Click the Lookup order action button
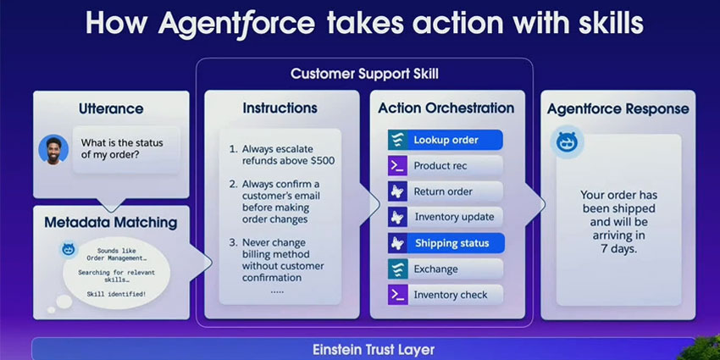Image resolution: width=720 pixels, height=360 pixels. (445, 140)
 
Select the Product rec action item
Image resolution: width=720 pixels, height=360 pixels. (445, 166)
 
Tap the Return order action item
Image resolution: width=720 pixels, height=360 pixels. (445, 191)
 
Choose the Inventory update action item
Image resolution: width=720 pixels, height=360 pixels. (445, 217)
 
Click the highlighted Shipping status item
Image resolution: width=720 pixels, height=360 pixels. (445, 243)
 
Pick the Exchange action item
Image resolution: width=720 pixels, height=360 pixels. (445, 269)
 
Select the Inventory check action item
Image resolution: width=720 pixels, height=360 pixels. (445, 295)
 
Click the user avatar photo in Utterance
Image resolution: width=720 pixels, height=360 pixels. (53, 150)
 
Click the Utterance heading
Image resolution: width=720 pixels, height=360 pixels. (111, 108)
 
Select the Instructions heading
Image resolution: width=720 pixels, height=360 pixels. (280, 108)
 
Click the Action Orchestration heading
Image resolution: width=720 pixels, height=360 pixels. (446, 108)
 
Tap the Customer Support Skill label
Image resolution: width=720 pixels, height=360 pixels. (365, 74)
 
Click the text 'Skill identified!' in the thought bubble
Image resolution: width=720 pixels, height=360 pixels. (116, 294)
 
